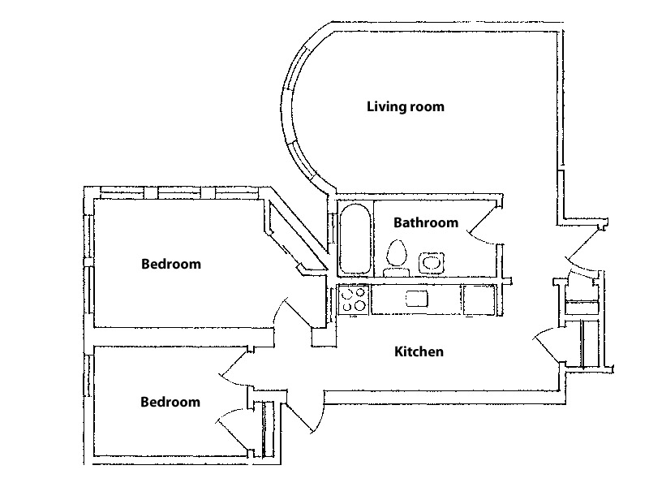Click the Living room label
(406, 106)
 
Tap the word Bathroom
(426, 222)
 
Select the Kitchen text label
(419, 351)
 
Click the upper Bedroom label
(170, 264)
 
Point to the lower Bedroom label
(170, 402)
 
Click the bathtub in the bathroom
(355, 239)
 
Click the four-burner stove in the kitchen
(354, 300)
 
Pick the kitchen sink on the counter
(415, 299)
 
